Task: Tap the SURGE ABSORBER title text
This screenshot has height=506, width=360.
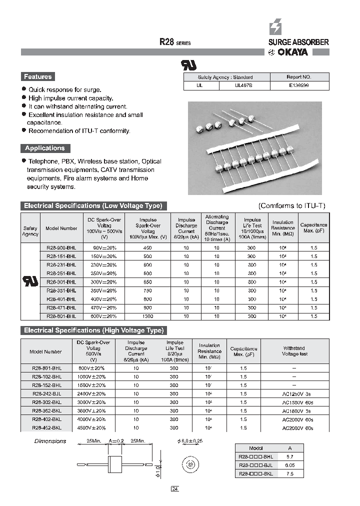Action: pyautogui.click(x=295, y=42)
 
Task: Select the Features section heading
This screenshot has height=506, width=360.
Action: pyautogui.click(x=37, y=76)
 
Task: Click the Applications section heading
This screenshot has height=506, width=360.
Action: pyautogui.click(x=45, y=148)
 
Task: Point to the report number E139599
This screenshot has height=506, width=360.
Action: pyautogui.click(x=299, y=85)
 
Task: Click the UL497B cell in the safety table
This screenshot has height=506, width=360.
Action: pyautogui.click(x=244, y=85)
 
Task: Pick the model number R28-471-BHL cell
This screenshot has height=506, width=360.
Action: pyautogui.click(x=61, y=308)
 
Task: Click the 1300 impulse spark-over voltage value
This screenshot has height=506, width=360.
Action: pyautogui.click(x=148, y=316)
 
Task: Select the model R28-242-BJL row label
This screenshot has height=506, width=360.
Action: pyautogui.click(x=47, y=394)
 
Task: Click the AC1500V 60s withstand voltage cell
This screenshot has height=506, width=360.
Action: pyautogui.click(x=297, y=402)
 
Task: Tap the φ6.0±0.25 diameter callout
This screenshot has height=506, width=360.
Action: pyautogui.click(x=191, y=441)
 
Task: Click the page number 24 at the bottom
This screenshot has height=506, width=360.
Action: pyautogui.click(x=174, y=488)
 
